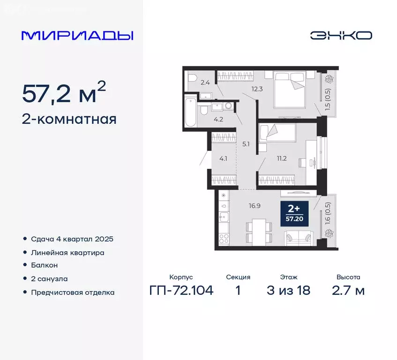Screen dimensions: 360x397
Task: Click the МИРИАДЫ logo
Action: (77, 36)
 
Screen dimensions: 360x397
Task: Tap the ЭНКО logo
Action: (341, 35)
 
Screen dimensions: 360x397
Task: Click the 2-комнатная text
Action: (69, 119)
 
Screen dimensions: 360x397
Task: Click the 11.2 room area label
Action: (282, 158)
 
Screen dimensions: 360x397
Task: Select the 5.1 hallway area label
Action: (247, 144)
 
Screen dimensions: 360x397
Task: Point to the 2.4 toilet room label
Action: (205, 83)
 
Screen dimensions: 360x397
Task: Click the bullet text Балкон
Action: (45, 265)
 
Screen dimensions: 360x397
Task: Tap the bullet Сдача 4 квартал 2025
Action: (72, 239)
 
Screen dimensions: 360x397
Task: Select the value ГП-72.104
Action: (181, 291)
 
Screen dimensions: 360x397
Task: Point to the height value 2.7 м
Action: (348, 291)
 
